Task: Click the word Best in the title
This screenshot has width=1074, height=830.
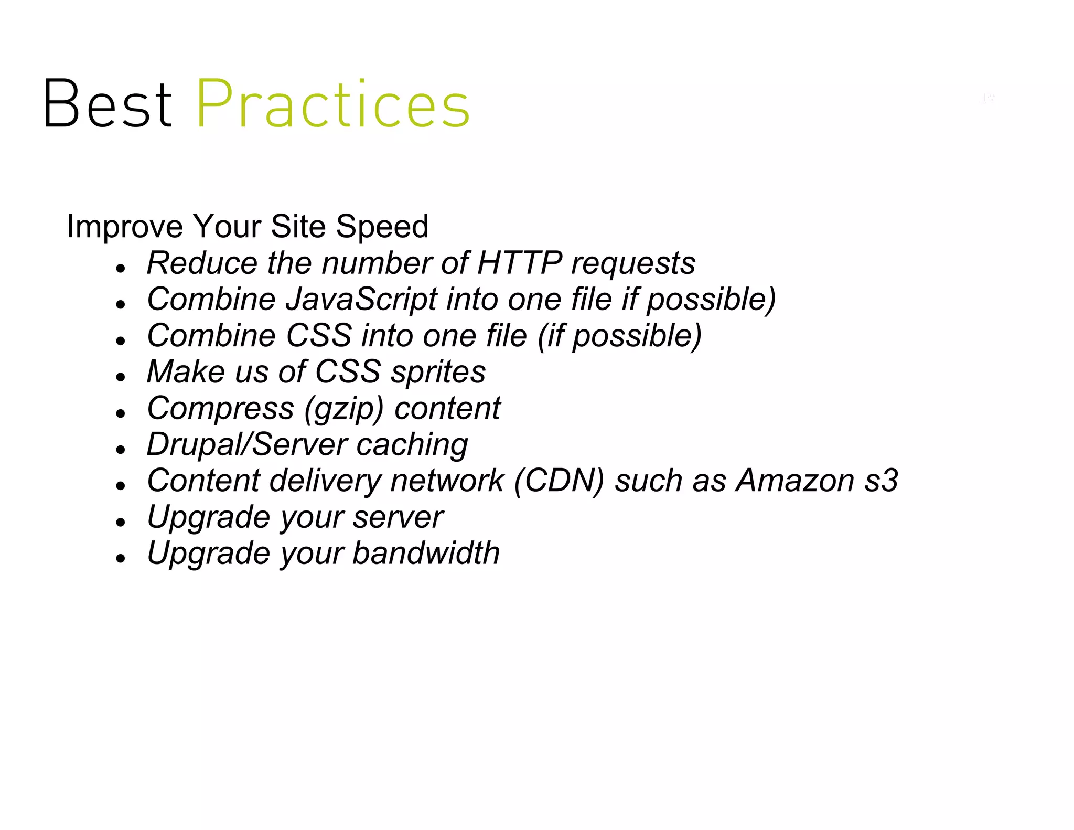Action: [x=108, y=104]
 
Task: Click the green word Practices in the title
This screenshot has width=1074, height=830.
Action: [x=332, y=104]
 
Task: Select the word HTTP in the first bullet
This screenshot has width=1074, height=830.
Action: [x=520, y=263]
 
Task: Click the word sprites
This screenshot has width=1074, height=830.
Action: [x=438, y=372]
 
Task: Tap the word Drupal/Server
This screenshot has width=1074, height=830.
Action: [x=246, y=445]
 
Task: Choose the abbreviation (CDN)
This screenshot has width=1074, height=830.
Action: [x=559, y=481]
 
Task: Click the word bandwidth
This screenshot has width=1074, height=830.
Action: [x=426, y=553]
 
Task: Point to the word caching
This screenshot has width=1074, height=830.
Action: [x=412, y=445]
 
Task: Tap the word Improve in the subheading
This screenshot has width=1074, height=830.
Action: [x=125, y=227]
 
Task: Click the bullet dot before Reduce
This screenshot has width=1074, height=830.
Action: [x=121, y=268]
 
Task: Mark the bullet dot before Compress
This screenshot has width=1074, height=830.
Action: [x=121, y=413]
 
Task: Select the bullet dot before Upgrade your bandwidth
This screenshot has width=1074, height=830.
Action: [x=121, y=558]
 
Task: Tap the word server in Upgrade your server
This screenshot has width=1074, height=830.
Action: [x=398, y=517]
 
